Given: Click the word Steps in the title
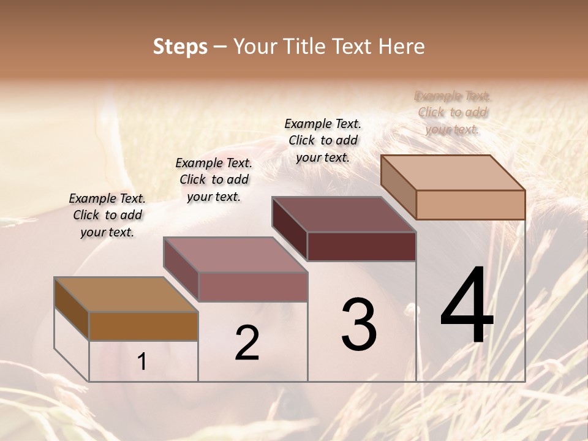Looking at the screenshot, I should pos(180,47).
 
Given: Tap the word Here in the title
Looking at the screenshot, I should pos(402,47).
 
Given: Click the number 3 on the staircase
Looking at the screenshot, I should pos(358,325).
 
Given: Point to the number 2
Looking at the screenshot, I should pos(247,343).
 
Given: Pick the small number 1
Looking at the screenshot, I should pos(142,362).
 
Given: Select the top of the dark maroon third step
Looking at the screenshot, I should pos(344,214).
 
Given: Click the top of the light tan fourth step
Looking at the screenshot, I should pos(453,173).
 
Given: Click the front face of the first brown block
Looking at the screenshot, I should pos(143,326).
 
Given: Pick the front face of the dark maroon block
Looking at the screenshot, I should pos(361,247).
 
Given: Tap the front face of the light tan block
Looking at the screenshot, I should pos(470,205).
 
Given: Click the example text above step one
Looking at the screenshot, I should pos(107,215).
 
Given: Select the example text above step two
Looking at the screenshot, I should pos(214,179).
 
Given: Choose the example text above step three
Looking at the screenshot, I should pos(323,140).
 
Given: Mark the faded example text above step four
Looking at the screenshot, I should pos(453,112).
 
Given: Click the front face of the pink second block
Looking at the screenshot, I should pos(252,287).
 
